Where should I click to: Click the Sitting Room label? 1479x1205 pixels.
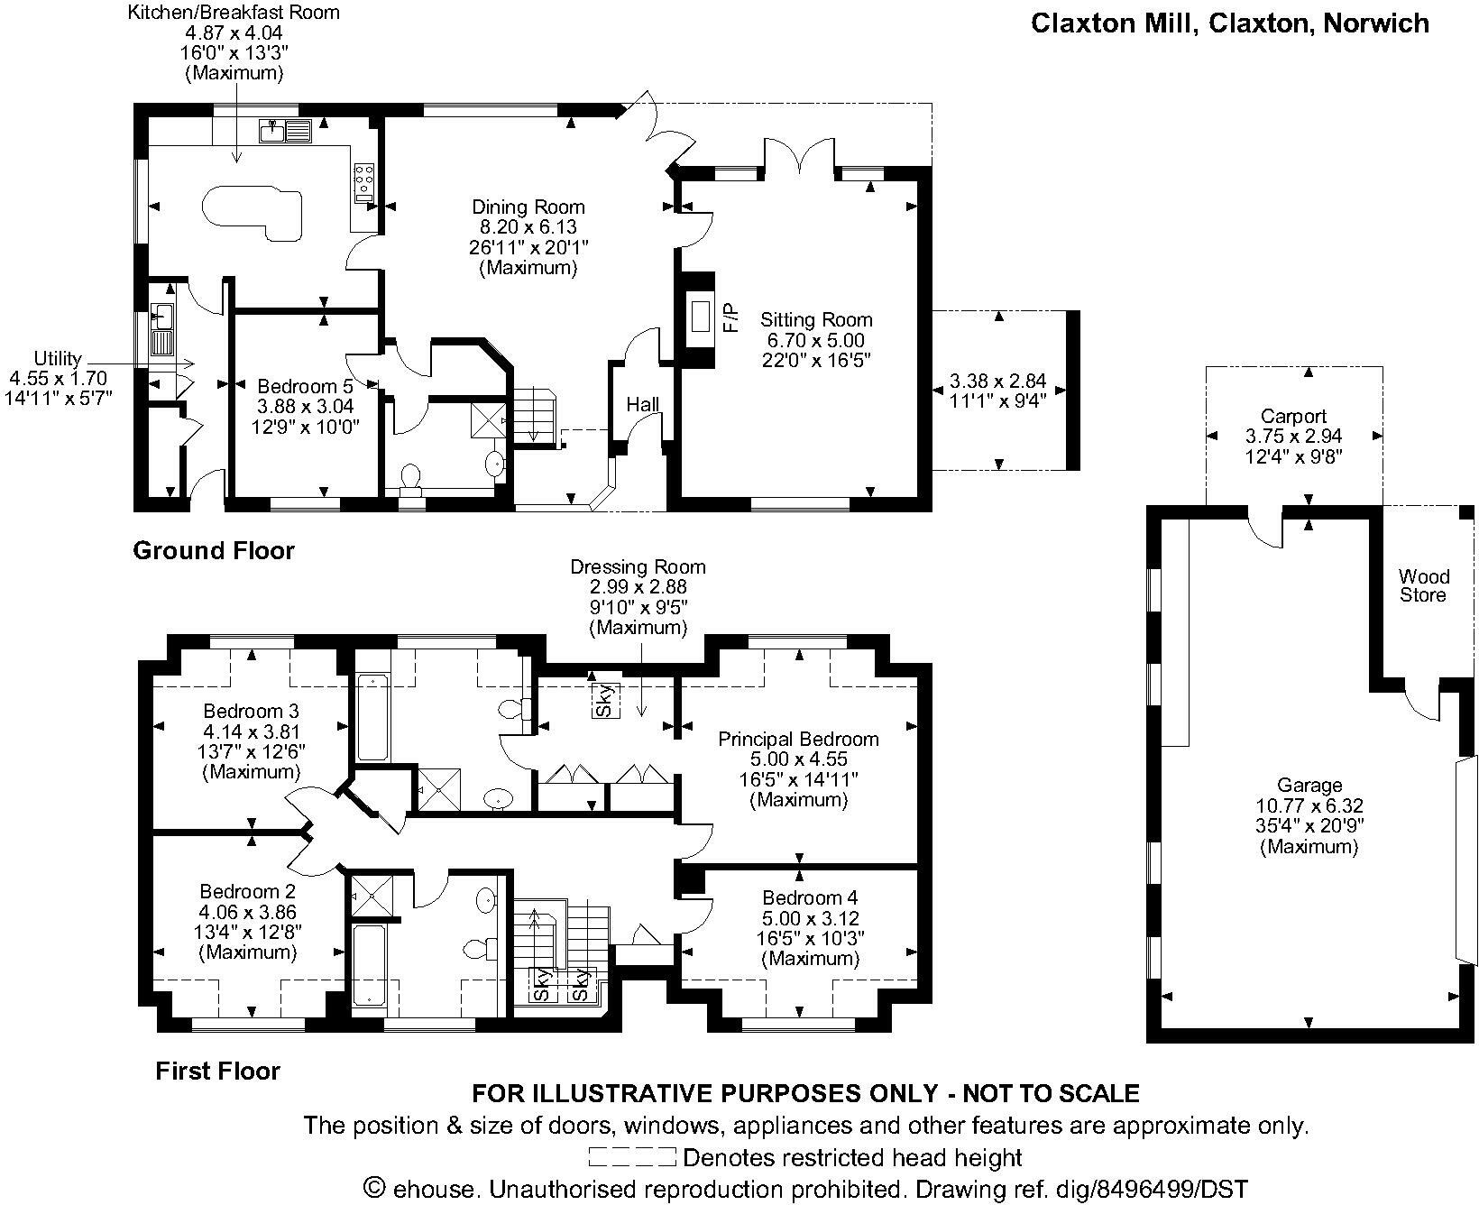816,319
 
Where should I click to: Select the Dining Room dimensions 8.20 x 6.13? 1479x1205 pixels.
528,227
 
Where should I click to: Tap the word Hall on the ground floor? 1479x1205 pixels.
643,405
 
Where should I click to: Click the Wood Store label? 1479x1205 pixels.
1424,585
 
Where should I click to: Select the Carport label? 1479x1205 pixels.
1293,416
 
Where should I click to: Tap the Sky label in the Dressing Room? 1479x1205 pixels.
606,701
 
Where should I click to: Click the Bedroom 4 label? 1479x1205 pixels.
810,897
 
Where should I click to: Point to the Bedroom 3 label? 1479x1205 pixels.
251,711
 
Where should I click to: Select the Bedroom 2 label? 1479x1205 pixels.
248,892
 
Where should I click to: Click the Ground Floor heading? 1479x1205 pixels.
214,550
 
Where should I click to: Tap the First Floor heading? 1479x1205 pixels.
218,1071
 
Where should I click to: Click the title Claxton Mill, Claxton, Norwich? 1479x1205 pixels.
1230,23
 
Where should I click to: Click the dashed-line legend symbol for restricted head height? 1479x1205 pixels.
632,1156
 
